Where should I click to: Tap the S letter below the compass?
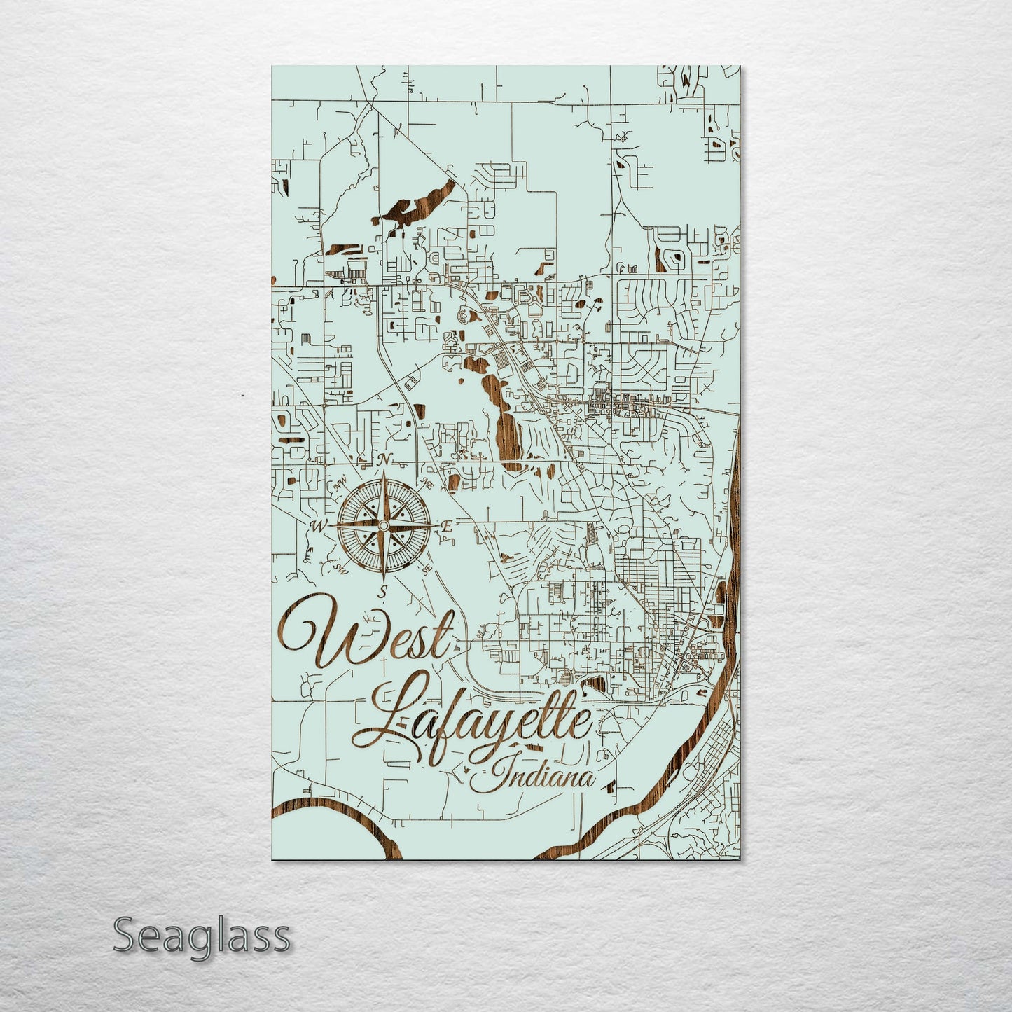pyautogui.click(x=382, y=592)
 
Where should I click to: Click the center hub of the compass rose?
pyautogui.click(x=383, y=525)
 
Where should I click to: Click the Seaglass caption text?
pyautogui.click(x=201, y=936)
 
